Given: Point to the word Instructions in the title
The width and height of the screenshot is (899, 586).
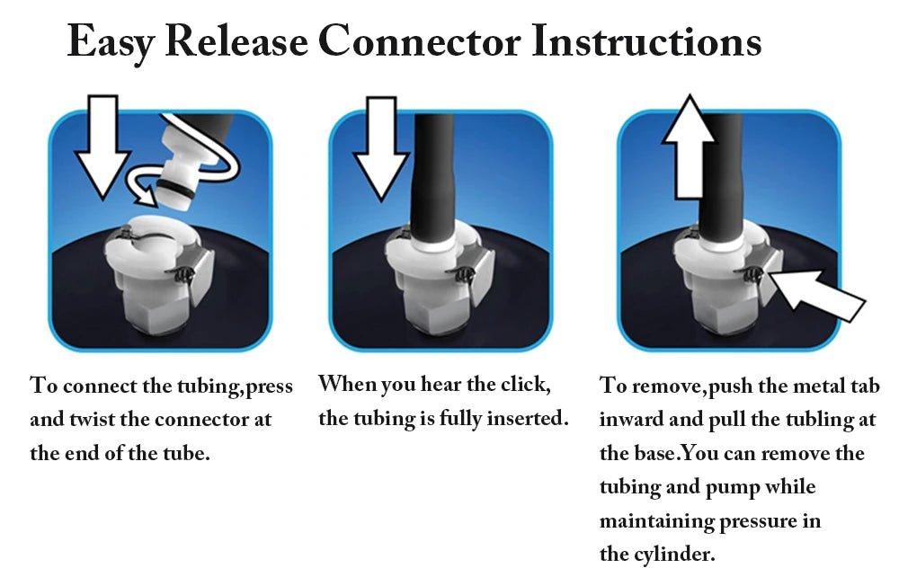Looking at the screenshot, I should tap(645, 42).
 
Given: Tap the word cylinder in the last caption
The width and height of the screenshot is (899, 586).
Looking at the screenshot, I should tap(673, 555).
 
